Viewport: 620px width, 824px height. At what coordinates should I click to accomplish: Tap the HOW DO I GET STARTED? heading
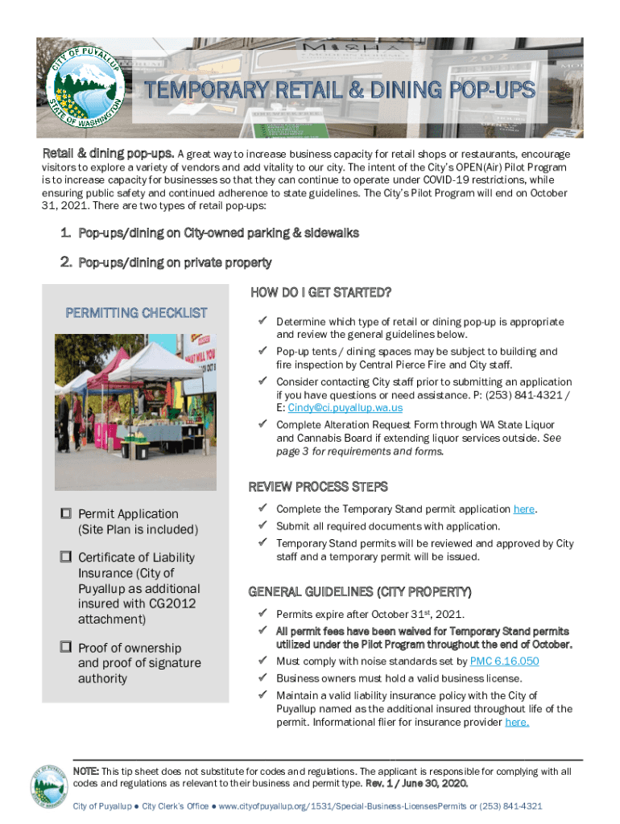(x=320, y=291)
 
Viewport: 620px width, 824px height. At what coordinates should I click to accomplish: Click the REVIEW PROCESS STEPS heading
(x=318, y=487)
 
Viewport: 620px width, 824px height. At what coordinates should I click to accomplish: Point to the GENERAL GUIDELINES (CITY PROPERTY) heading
(x=359, y=592)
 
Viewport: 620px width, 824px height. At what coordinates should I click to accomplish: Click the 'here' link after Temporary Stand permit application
(x=523, y=509)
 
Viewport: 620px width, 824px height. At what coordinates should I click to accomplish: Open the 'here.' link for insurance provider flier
(x=517, y=723)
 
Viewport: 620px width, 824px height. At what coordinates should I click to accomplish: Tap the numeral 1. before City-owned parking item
(x=67, y=233)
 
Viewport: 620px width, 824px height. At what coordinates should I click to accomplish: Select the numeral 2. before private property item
(x=67, y=262)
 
